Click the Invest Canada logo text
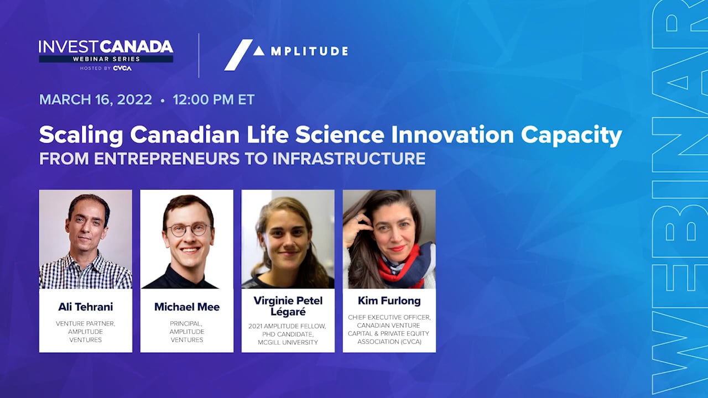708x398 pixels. coord(106,47)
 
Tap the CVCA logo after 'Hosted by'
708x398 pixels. coord(122,68)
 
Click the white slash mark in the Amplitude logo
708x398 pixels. coord(238,55)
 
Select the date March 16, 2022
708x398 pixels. coord(96,99)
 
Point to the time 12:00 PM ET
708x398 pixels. coord(214,99)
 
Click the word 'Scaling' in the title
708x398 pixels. coord(81,136)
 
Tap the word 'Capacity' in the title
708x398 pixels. coord(571,136)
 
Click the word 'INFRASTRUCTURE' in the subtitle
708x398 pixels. coord(349,159)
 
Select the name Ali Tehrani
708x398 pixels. coord(86,307)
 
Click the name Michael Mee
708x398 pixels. coord(187,307)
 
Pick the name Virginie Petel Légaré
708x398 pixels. coord(288,306)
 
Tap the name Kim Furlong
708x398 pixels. coord(389,301)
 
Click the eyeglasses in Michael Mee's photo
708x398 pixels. coord(189,229)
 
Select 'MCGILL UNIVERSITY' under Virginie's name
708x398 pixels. coord(288,342)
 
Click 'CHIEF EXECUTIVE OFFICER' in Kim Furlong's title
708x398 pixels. coord(389,317)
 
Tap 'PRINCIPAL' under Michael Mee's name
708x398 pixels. coord(186,324)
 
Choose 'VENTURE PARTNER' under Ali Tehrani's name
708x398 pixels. coord(85,324)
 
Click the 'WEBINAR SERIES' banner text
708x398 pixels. coord(106,59)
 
